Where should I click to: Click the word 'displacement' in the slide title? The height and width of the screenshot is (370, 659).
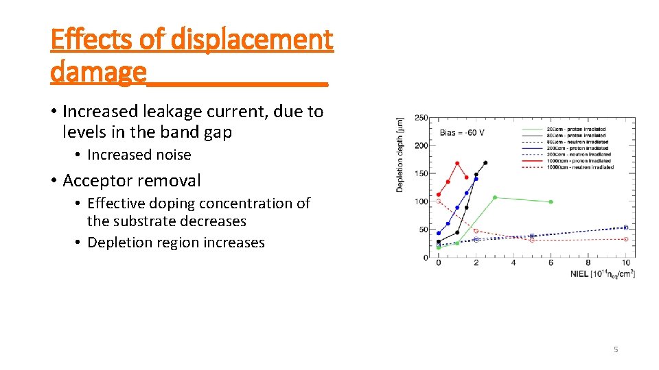click(x=251, y=40)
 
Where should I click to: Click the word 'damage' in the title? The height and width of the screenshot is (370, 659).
click(x=98, y=71)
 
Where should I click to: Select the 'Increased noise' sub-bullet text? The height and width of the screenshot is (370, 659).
click(x=139, y=155)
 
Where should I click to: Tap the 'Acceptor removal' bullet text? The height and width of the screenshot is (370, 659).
click(x=132, y=181)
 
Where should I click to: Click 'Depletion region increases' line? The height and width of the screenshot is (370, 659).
click(x=176, y=243)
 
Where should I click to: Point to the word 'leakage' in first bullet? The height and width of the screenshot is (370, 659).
click(x=188, y=112)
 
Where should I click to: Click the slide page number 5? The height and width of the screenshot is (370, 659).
click(x=615, y=349)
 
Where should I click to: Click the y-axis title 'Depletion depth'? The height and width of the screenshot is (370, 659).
click(x=400, y=154)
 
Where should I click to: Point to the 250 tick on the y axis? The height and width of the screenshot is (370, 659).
click(x=421, y=118)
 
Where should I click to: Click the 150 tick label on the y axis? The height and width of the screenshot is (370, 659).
click(x=421, y=173)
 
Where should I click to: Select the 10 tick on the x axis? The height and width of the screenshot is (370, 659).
click(x=625, y=264)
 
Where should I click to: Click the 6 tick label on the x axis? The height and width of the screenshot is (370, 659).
click(x=551, y=264)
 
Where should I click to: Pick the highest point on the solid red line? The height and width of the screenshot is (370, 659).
click(x=457, y=164)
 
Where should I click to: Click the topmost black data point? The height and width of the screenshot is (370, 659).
click(x=485, y=163)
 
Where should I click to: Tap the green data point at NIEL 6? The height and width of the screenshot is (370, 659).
click(x=551, y=202)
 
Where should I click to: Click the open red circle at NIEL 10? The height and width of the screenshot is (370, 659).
click(x=625, y=239)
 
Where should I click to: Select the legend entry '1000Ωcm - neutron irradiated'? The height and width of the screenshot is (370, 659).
click(x=580, y=167)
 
